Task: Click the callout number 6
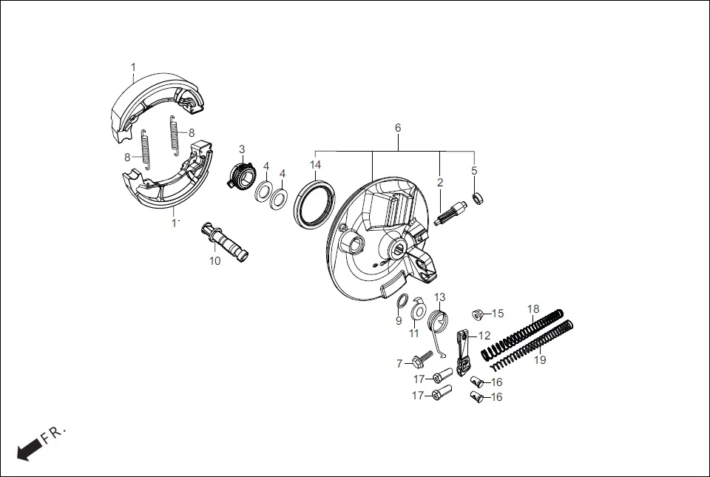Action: click(x=398, y=128)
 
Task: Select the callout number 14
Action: click(x=316, y=164)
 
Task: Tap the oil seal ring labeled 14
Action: click(x=316, y=203)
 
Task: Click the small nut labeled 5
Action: click(x=478, y=197)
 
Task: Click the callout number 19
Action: click(x=540, y=360)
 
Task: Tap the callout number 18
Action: click(x=533, y=308)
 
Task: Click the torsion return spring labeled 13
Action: click(x=440, y=323)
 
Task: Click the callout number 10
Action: click(x=214, y=260)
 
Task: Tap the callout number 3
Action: click(x=242, y=149)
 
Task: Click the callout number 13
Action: click(x=440, y=297)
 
